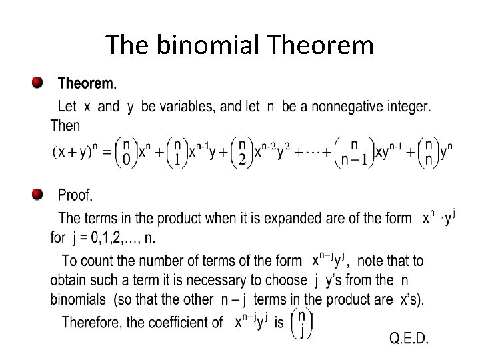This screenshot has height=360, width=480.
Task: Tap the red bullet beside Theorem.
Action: pyautogui.click(x=37, y=84)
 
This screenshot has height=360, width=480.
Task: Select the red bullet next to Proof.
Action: pyautogui.click(x=37, y=195)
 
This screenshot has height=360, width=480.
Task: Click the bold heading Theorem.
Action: pyautogui.click(x=87, y=85)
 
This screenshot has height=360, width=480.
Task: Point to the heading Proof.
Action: pyautogui.click(x=75, y=195)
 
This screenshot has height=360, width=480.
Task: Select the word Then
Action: pyautogui.click(x=65, y=125)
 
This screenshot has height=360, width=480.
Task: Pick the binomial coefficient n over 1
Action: pyautogui.click(x=177, y=152)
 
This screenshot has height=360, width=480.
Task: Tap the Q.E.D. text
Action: pyautogui.click(x=409, y=338)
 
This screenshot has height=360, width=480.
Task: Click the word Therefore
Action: pyautogui.click(x=92, y=323)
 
